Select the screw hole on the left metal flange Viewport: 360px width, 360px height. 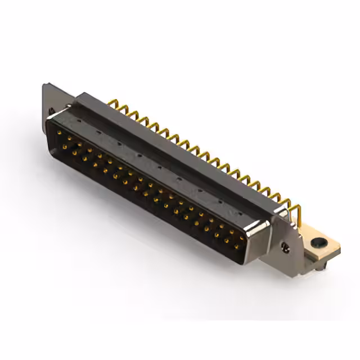52,111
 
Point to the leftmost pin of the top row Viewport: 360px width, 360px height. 59,133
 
